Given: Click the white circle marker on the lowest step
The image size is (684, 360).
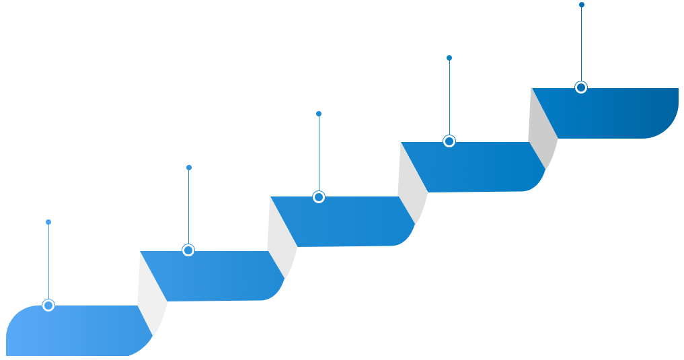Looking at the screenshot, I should [x=48, y=305].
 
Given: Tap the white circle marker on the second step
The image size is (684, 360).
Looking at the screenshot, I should [x=188, y=250].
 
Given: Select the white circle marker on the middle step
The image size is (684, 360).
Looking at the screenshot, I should [x=319, y=197].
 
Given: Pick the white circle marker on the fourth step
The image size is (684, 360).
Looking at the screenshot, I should [x=449, y=141].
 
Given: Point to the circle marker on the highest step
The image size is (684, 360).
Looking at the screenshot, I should [x=581, y=87].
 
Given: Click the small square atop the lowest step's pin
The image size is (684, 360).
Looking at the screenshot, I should [x=48, y=221].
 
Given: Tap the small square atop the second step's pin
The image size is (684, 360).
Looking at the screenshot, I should [x=188, y=167].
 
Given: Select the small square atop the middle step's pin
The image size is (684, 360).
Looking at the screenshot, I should [x=319, y=113].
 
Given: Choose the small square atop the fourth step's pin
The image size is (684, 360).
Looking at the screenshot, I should [x=449, y=58].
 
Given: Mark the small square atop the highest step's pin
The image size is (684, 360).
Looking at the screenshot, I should [x=581, y=5].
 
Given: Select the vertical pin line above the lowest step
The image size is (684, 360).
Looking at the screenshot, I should [x=48, y=262].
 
